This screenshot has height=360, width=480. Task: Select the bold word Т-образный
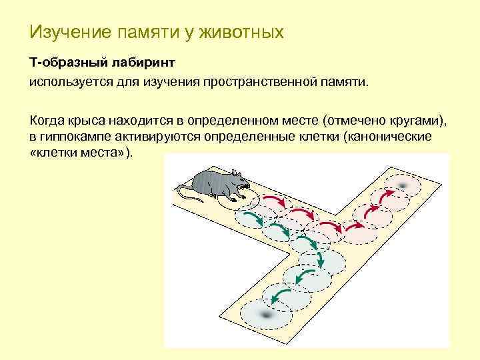61,62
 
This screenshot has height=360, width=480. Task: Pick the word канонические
392,137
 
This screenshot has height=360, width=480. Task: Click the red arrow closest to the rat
271,200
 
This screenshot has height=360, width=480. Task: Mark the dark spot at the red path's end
401,185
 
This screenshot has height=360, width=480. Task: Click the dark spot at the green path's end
265,313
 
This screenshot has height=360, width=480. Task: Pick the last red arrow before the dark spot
385,195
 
